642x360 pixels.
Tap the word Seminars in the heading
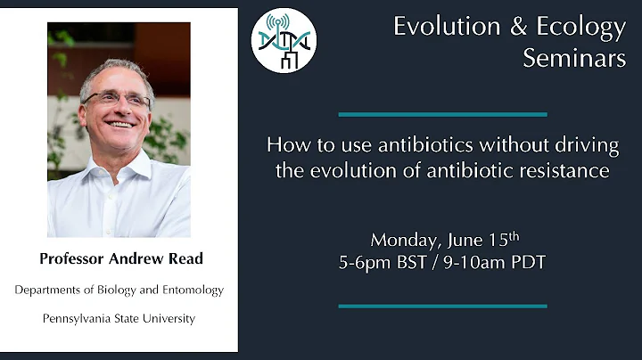click(x=574, y=59)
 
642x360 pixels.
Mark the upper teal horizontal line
click(x=442, y=114)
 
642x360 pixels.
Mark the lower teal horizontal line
click(x=442, y=306)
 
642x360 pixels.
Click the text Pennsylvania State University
click(x=119, y=317)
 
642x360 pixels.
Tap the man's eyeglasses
click(x=116, y=100)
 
